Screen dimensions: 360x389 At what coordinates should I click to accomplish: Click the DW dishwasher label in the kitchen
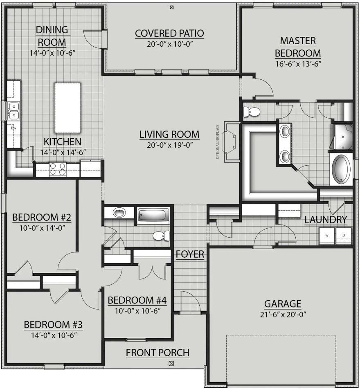point(13,128)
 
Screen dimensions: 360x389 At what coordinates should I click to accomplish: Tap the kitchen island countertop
point(67,108)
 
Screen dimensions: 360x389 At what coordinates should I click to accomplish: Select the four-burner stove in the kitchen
point(58,169)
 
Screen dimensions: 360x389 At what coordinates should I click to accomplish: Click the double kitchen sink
point(13,110)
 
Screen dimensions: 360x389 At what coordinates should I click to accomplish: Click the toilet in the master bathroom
point(252,112)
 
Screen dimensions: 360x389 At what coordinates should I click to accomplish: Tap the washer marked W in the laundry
point(327,236)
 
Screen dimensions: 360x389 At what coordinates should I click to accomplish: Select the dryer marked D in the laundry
point(344,236)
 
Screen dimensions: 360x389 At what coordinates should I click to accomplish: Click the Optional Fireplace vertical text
point(218,142)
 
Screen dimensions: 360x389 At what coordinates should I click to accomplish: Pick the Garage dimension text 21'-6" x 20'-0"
point(283,315)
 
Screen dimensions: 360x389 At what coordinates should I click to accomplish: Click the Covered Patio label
point(169,34)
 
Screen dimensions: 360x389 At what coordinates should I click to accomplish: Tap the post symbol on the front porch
point(171,364)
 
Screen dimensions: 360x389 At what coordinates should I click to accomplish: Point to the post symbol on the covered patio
point(171,7)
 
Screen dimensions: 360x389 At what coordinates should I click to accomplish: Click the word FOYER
point(190,254)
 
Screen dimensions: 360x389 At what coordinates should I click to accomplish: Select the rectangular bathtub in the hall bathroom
point(153,215)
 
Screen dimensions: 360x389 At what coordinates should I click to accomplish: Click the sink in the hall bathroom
point(119,213)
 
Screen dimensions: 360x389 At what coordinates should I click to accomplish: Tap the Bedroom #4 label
point(137,300)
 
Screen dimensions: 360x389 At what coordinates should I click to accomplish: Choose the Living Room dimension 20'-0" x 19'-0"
point(170,145)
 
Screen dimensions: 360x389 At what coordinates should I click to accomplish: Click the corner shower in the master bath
point(343,137)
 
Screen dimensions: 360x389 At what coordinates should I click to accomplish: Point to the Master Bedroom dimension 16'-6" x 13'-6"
point(298,64)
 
